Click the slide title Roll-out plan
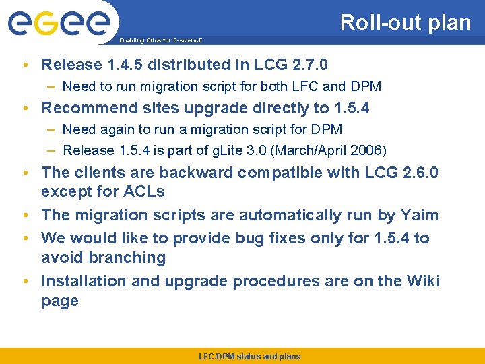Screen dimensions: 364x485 coord(405,22)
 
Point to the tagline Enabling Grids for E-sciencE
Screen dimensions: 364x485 coord(160,40)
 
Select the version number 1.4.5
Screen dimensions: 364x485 coord(121,65)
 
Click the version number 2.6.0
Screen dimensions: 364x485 coord(418,173)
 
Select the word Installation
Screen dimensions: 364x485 coord(84,280)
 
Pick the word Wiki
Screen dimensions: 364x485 coord(422,280)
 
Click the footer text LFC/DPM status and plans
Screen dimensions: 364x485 coord(249,357)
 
